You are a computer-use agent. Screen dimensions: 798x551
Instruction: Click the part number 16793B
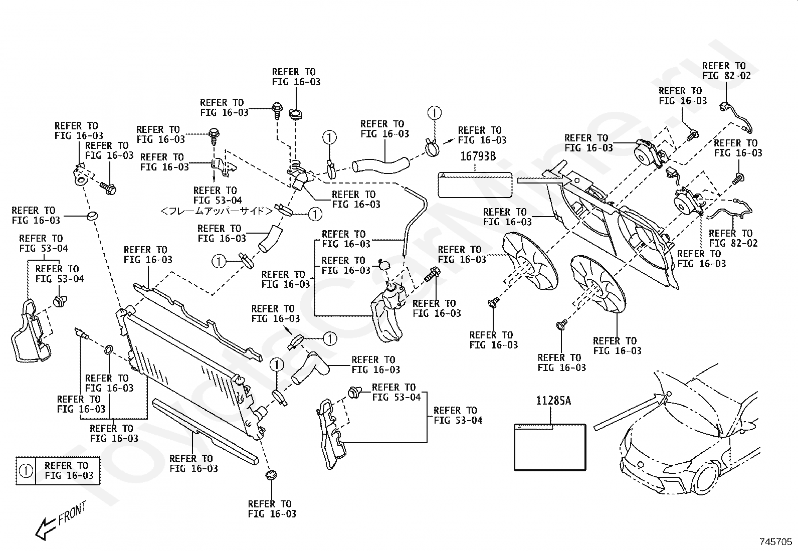(478, 156)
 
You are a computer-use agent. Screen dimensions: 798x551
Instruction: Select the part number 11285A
(553, 401)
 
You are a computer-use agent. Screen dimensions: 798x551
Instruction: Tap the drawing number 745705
(775, 541)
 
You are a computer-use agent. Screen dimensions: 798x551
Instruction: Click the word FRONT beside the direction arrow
(72, 513)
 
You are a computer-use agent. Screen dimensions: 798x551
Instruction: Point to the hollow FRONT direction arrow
(46, 528)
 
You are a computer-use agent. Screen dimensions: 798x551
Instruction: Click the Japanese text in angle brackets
(217, 211)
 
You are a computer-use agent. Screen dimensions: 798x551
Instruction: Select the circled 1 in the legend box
(26, 471)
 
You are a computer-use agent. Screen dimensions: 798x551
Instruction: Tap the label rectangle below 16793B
(475, 185)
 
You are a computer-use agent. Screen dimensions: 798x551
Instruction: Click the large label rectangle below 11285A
(550, 447)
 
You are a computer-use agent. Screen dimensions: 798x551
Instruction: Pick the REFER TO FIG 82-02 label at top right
(726, 71)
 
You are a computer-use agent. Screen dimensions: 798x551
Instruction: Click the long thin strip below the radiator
(205, 431)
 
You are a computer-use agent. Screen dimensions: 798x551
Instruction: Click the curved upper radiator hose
(381, 165)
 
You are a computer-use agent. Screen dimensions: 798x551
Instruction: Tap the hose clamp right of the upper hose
(432, 146)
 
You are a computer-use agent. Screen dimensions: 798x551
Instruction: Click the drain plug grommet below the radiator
(271, 475)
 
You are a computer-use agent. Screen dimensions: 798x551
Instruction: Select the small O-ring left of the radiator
(109, 350)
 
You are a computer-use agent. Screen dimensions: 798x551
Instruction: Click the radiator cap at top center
(296, 115)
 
